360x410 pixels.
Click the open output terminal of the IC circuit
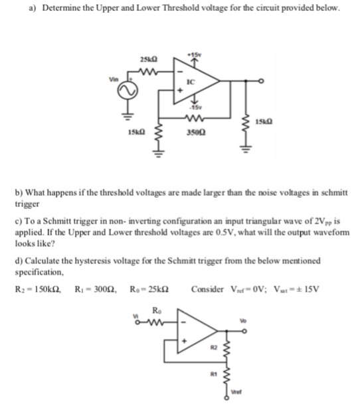click(263, 81)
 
